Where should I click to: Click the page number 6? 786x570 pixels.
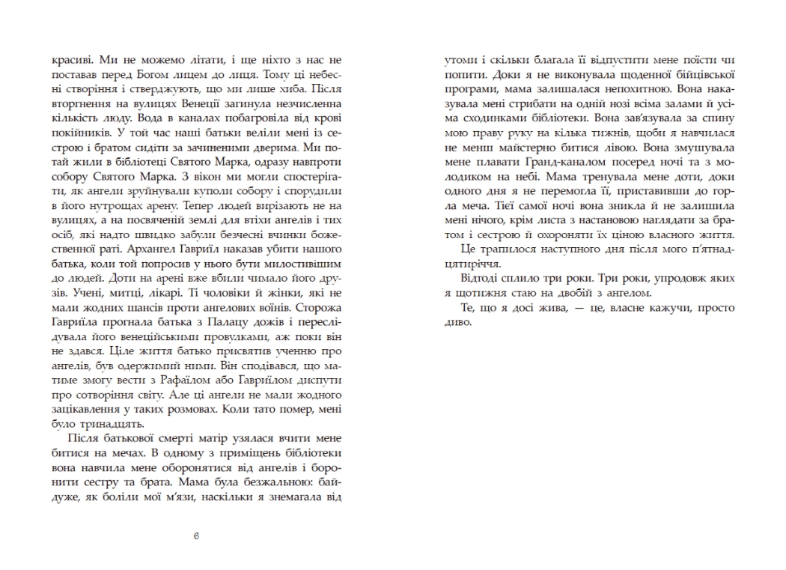[x=195, y=536]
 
